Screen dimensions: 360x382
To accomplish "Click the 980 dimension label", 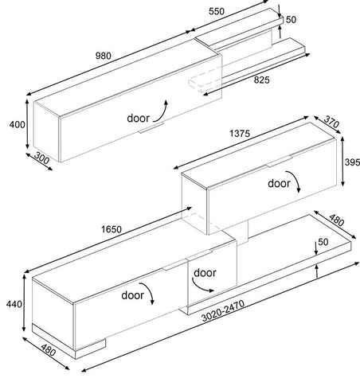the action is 104,56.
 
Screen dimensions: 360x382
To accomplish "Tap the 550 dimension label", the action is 217,11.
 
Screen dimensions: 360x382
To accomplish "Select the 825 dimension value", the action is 261,80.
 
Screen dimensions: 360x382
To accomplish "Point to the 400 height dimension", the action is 18,124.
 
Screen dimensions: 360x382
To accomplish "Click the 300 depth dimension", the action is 41,158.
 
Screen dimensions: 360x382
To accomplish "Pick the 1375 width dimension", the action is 240,134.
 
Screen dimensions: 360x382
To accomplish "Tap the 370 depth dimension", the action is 331,123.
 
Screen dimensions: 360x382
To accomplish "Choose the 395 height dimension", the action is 352,162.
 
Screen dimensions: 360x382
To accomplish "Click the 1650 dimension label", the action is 112,229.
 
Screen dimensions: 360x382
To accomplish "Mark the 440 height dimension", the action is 14,304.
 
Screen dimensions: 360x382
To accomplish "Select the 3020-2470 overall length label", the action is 223,310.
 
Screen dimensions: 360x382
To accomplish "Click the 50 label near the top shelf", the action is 291,20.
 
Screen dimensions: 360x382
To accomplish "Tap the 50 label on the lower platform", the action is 323,242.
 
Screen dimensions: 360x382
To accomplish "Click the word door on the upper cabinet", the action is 139,119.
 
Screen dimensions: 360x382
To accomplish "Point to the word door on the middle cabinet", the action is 279,183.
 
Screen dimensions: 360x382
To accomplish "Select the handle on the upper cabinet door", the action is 151,127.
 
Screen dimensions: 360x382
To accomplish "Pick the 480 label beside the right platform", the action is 337,220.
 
